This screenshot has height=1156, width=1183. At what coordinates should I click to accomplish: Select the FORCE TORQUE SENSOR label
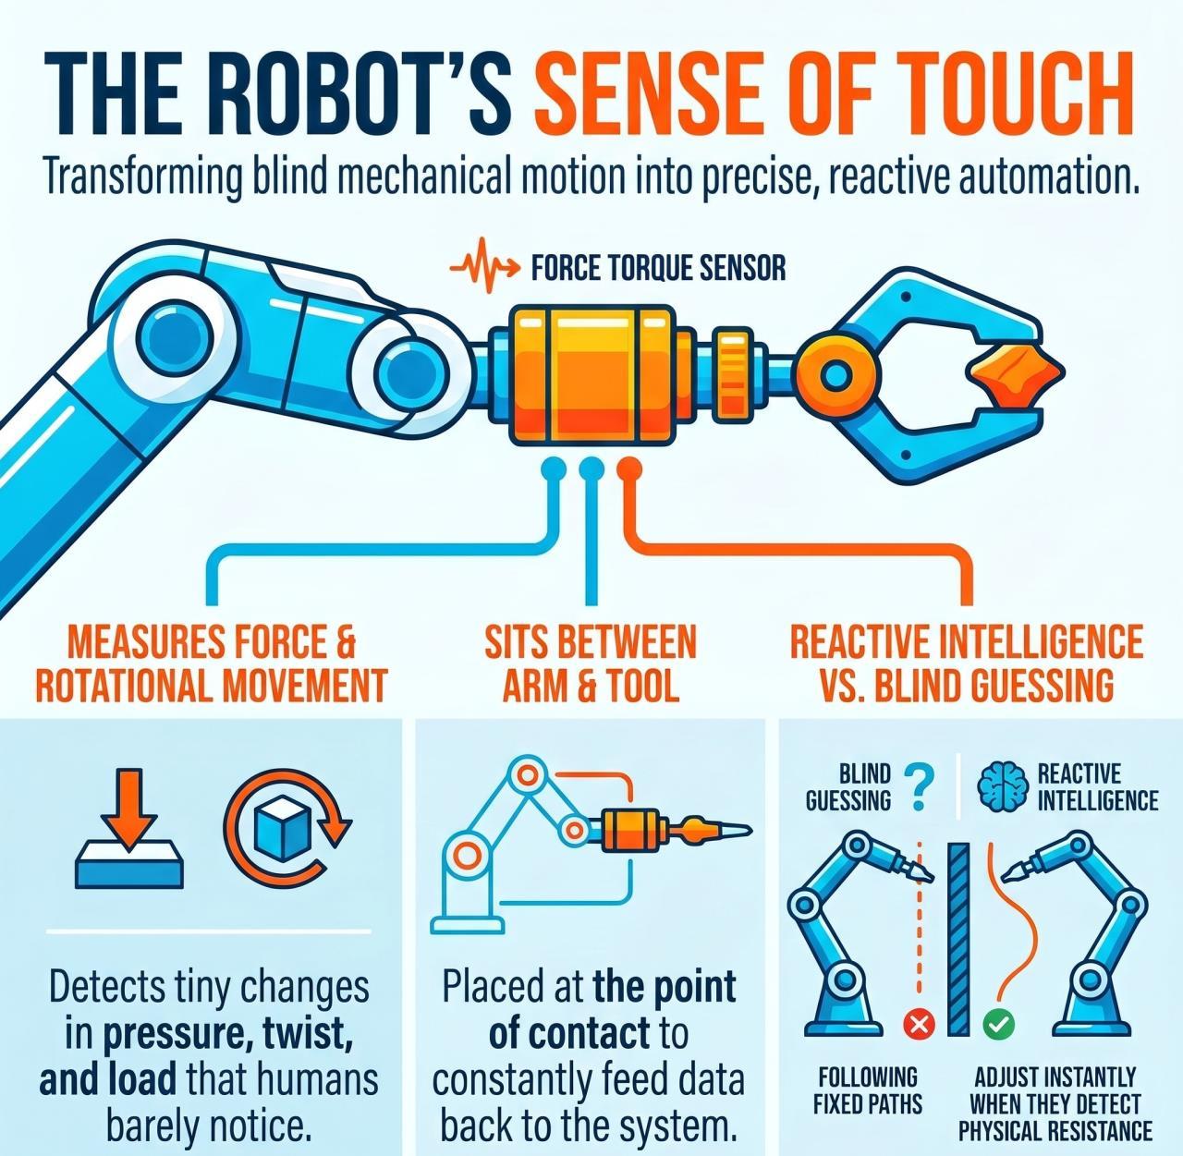[x=658, y=268]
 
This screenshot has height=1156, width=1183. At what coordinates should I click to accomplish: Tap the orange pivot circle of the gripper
[x=836, y=375]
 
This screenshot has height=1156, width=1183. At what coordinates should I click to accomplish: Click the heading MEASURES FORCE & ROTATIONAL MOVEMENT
[x=213, y=663]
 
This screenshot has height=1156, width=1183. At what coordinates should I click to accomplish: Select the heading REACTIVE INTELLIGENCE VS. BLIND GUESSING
[x=966, y=663]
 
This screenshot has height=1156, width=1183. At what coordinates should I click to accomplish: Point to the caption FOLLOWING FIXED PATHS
[x=867, y=1090]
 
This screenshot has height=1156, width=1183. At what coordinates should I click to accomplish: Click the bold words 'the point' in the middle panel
[x=665, y=988]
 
